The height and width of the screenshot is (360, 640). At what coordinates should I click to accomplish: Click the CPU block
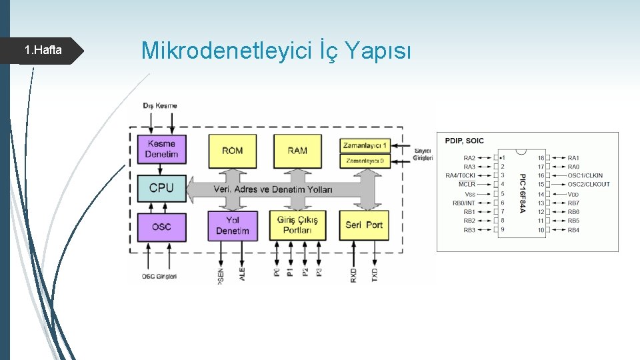coord(161,188)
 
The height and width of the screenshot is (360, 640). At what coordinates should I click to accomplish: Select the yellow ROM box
coord(232,151)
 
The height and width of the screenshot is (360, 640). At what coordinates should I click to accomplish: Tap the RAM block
coord(297,151)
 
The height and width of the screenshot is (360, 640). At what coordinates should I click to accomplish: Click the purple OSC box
coord(161,227)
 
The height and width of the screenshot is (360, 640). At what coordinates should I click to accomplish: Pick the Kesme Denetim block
coord(161,149)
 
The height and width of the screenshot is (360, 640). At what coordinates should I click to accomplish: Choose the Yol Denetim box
coord(232,225)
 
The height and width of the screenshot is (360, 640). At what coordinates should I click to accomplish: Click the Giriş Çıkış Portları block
coord(297,225)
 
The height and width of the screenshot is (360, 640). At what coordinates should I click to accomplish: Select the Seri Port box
coord(364,225)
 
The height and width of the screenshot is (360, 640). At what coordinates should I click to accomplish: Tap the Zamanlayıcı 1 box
coord(365,145)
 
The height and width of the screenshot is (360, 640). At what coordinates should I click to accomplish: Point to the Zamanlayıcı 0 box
coord(365,161)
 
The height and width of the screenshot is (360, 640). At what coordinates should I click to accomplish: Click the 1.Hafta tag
coord(43,51)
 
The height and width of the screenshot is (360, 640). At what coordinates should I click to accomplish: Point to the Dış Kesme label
coord(160,106)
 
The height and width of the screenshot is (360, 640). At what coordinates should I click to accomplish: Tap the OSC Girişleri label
coord(159,277)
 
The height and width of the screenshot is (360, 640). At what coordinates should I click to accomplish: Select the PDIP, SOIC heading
coord(465,141)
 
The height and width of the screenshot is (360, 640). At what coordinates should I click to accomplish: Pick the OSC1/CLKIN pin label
coord(585,176)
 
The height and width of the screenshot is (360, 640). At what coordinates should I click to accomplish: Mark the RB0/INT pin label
coord(464,203)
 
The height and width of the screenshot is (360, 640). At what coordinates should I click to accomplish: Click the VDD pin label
coord(573,194)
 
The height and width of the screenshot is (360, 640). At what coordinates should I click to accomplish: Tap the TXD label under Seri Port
coord(374,275)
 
